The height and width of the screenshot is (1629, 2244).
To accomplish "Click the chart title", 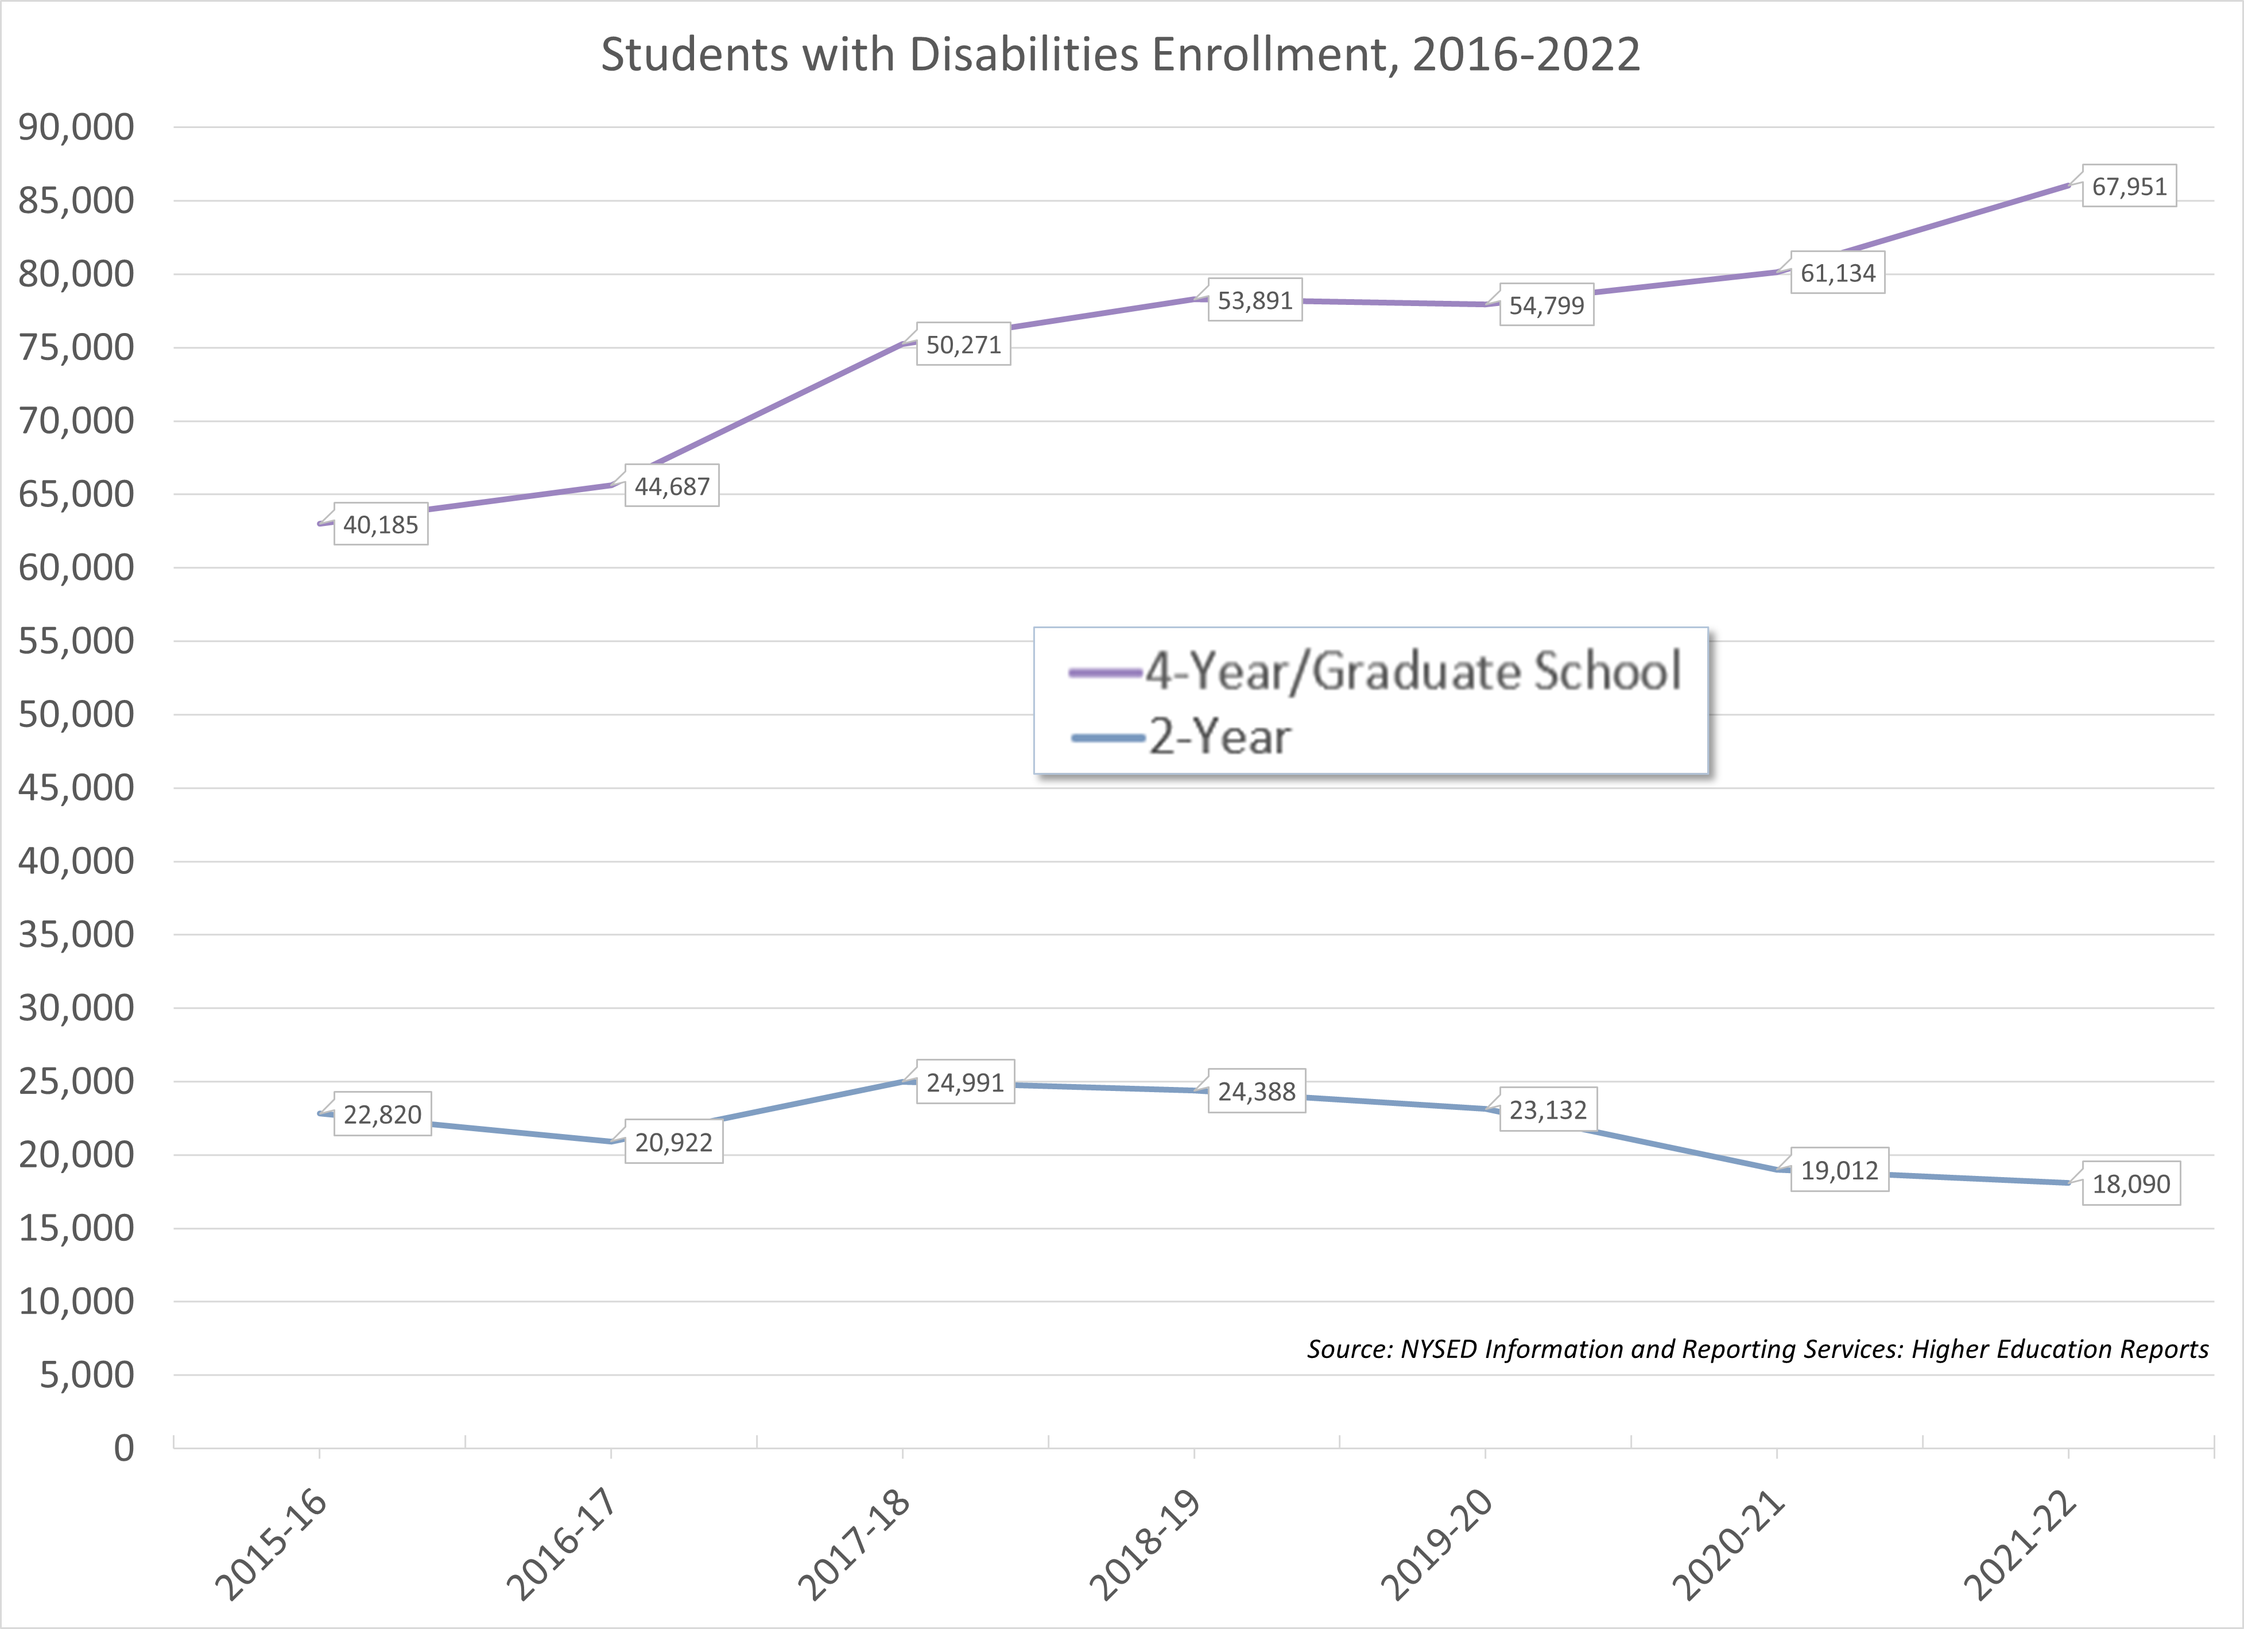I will click(1120, 55).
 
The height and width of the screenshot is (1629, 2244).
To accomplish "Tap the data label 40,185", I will click(381, 524).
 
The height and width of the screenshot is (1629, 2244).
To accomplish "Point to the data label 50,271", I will click(964, 345).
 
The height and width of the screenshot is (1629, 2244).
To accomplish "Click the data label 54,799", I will click(1547, 305).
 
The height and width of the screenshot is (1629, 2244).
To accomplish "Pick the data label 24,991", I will click(964, 1083).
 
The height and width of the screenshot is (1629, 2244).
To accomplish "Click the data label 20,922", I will click(674, 1142).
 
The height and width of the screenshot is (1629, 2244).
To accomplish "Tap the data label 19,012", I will click(1839, 1170).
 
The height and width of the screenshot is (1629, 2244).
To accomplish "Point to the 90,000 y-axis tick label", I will click(76, 127).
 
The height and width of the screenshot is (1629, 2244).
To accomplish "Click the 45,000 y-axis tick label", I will click(76, 788).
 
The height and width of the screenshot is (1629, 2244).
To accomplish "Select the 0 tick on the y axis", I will click(123, 1448).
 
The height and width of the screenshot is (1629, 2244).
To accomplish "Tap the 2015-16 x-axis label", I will click(271, 1544).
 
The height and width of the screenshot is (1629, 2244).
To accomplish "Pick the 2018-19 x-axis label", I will click(1145, 1544).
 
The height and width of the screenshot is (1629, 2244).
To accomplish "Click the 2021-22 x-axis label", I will click(2020, 1544).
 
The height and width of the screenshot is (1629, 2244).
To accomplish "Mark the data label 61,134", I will click(1838, 273).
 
